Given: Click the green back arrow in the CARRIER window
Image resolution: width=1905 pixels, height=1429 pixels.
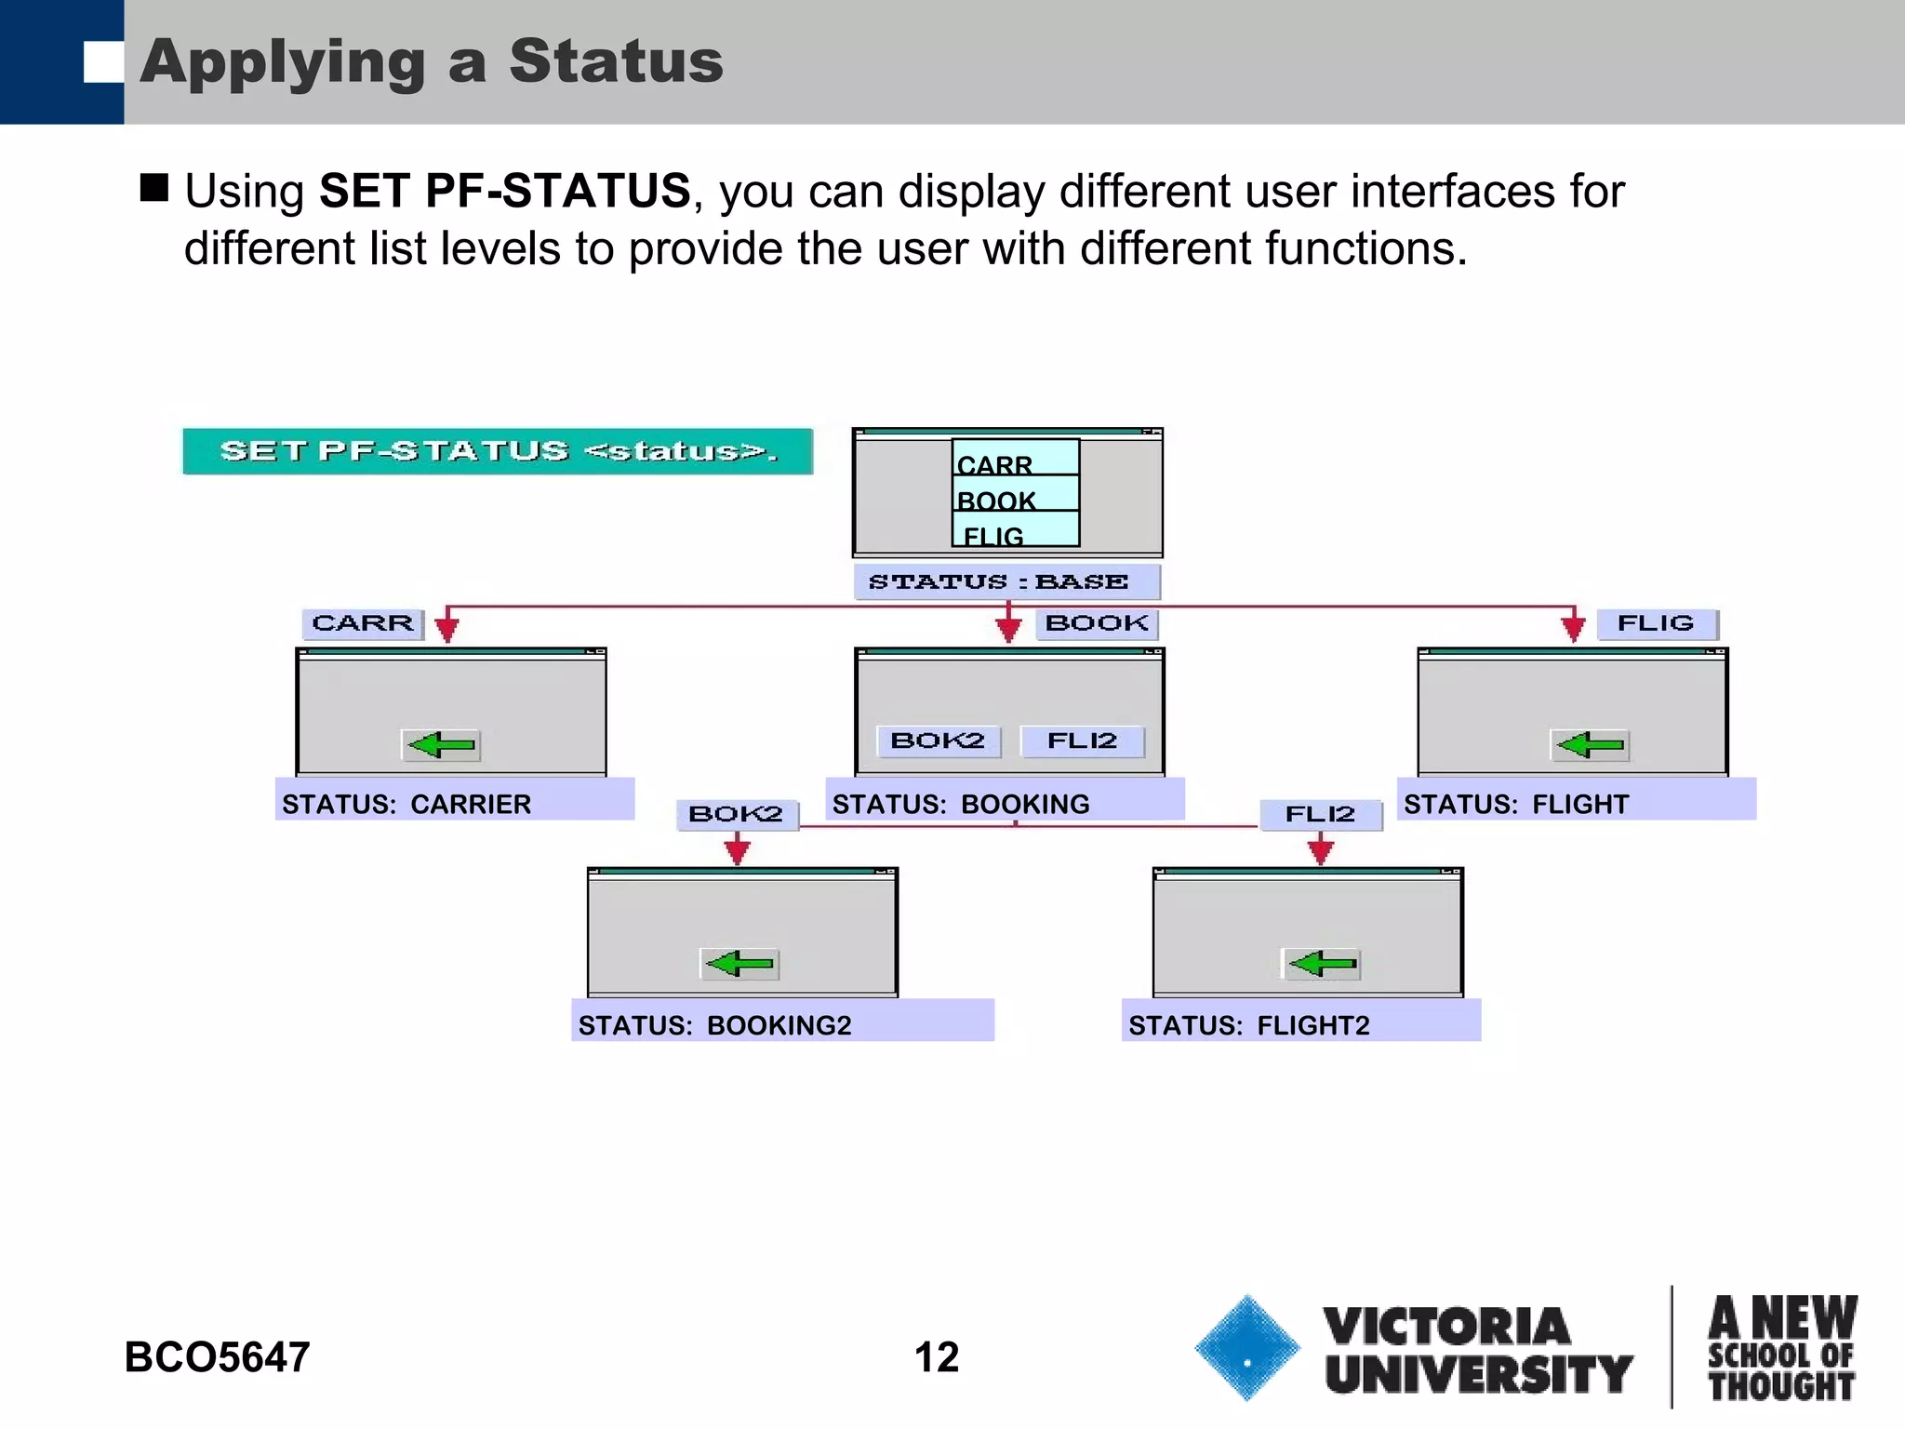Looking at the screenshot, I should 442,744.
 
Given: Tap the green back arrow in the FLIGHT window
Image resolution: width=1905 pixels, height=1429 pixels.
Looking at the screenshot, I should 1591,744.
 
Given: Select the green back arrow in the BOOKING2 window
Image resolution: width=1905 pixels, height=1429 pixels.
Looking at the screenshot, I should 739,963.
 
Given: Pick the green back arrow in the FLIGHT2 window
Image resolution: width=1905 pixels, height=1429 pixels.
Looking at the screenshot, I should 1322,963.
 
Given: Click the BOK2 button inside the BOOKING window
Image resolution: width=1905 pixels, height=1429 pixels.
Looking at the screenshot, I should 938,741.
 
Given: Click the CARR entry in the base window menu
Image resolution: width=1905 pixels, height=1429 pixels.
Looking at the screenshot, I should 1015,462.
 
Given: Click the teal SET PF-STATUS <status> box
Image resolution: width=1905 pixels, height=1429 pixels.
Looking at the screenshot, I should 498,451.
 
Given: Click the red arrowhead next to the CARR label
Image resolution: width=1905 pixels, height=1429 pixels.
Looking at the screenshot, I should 447,628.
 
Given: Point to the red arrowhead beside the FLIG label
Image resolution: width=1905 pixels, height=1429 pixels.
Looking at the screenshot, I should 1573,628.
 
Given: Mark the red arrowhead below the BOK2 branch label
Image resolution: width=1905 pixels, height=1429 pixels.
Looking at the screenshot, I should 738,850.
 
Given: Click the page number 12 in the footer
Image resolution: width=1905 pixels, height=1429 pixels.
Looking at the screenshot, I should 937,1357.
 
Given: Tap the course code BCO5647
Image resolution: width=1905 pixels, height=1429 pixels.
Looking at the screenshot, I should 217,1357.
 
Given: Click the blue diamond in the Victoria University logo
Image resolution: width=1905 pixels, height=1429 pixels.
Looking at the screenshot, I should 1247,1347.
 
